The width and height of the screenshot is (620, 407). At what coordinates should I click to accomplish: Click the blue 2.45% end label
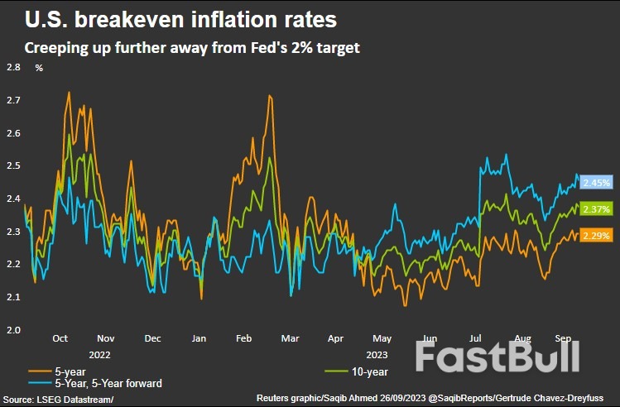point(595,182)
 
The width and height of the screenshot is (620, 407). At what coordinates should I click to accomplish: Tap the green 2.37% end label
point(595,209)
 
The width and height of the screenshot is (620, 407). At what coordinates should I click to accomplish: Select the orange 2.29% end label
point(595,236)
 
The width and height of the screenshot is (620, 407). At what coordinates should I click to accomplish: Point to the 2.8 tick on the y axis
point(13,68)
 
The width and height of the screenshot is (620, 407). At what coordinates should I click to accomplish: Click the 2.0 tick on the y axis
point(13,330)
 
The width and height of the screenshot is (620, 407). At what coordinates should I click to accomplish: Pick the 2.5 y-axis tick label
point(13,166)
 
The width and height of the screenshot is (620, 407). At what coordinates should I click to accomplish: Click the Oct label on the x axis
point(60,339)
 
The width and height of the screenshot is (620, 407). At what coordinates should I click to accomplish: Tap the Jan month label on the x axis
point(199,339)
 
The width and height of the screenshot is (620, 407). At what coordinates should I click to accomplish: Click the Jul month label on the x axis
point(476,339)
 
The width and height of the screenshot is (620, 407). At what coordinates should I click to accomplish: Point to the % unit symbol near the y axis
point(38,68)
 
